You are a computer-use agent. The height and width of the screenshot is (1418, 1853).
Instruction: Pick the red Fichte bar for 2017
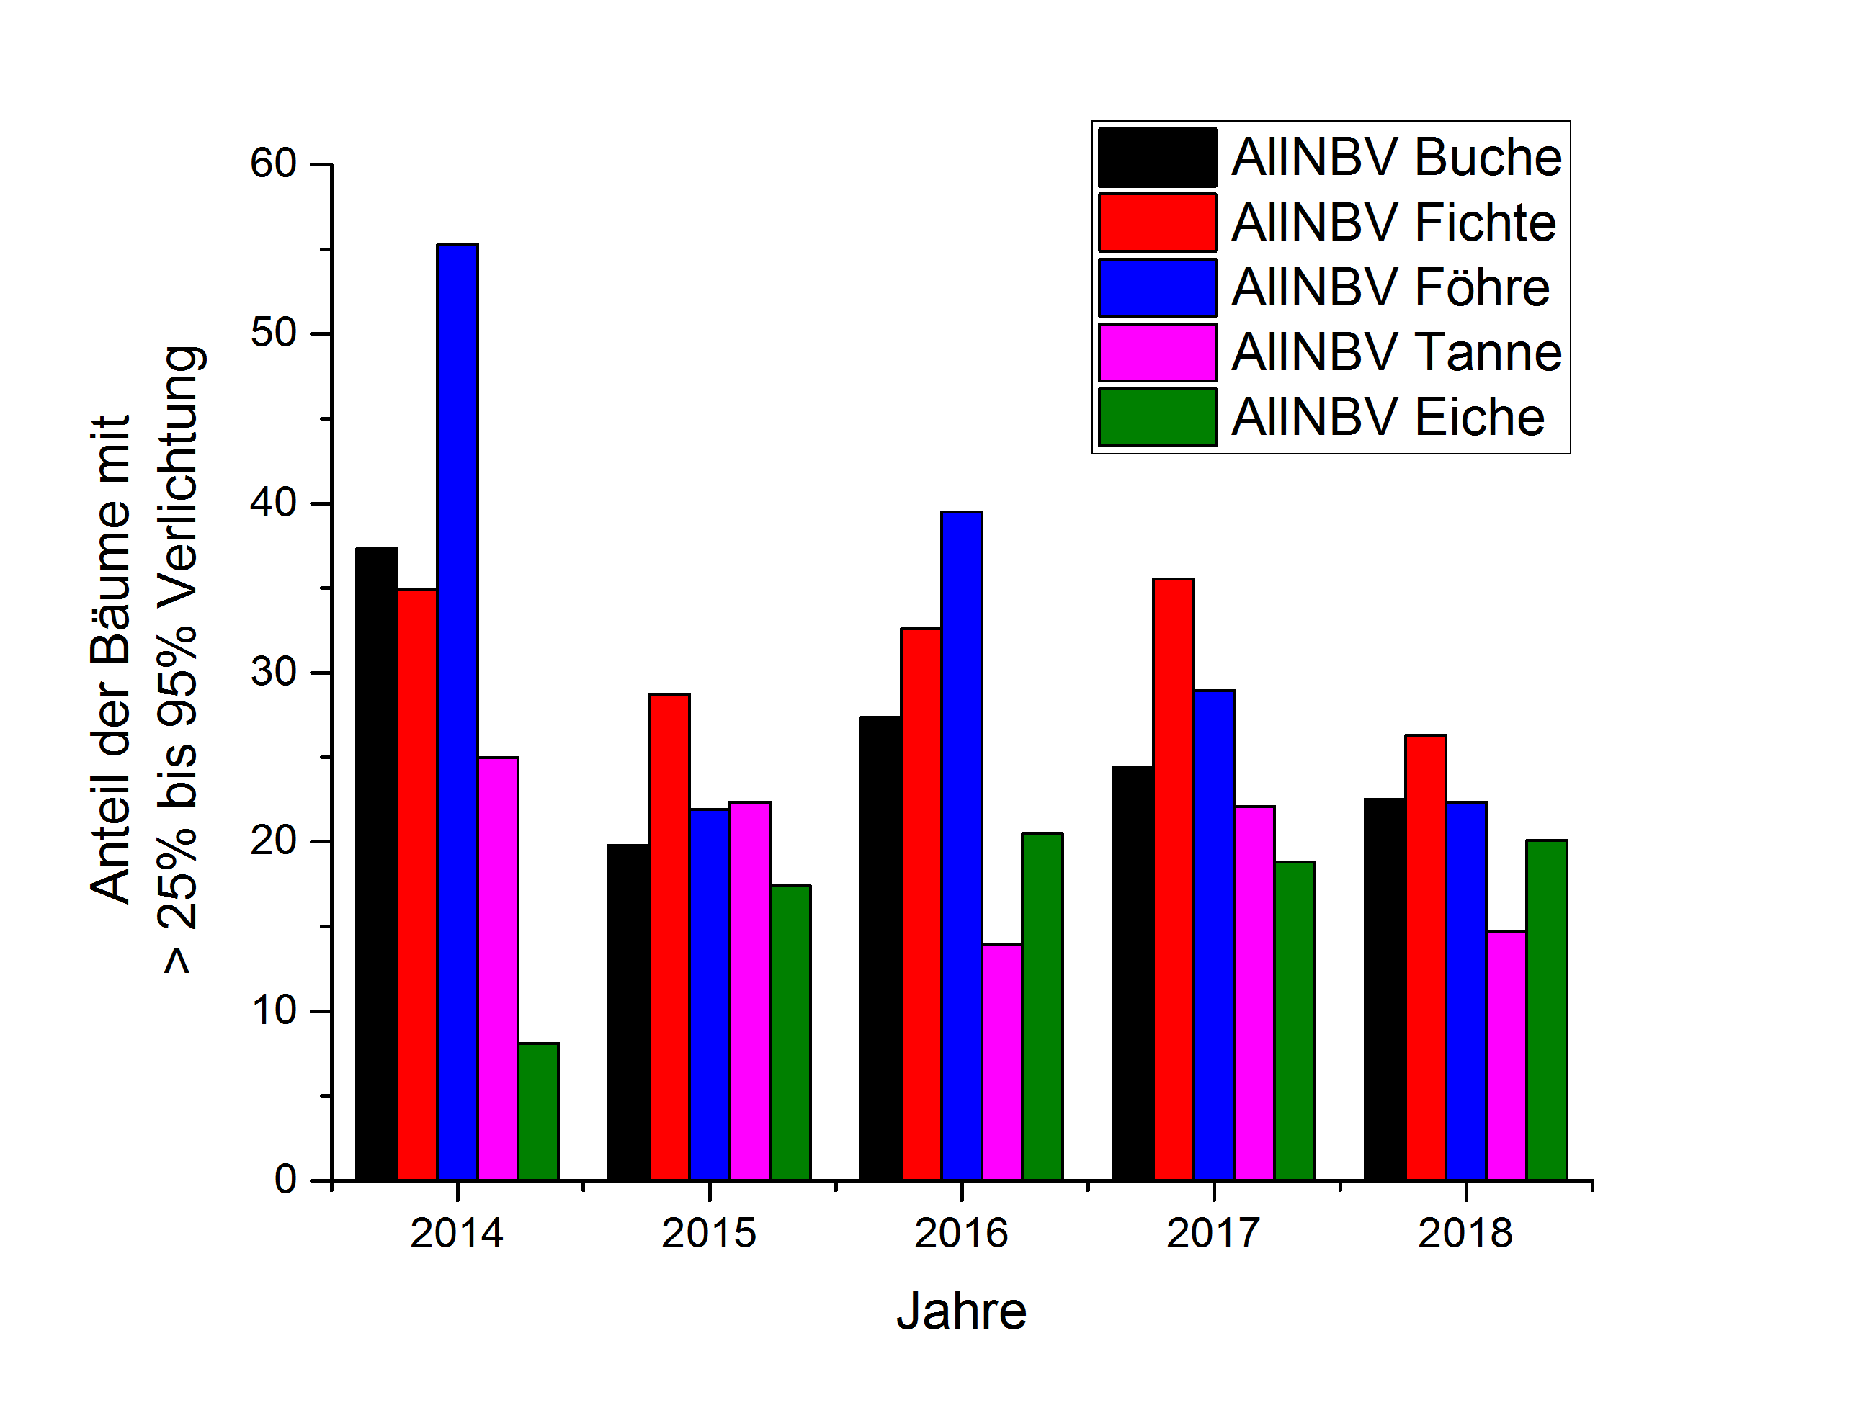1173,879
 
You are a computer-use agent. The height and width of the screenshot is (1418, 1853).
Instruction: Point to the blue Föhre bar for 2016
962,845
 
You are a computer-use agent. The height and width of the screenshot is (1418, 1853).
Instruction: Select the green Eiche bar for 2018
1547,1010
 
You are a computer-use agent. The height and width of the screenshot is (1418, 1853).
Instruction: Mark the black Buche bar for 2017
1132,972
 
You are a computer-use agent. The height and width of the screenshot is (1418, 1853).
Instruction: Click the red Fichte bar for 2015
669,936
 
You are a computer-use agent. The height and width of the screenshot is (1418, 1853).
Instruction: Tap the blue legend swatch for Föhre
1156,288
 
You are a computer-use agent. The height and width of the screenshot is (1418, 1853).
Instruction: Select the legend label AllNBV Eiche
1388,417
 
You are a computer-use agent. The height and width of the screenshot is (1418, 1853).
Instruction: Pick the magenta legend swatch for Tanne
1156,352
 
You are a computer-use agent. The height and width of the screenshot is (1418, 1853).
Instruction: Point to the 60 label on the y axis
272,163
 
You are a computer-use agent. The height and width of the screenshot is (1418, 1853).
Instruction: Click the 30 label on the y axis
272,672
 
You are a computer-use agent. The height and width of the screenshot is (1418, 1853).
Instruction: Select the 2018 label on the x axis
1465,1233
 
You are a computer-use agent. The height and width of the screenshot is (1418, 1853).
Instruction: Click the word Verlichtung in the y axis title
178,480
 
